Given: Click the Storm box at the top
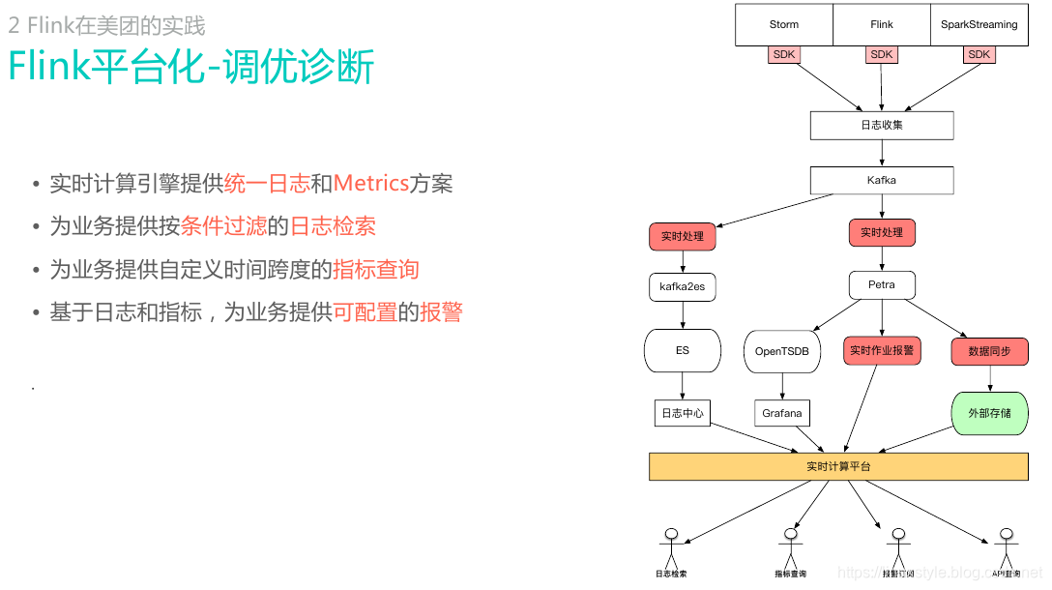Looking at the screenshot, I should click(784, 24).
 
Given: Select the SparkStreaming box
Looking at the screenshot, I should click(979, 24).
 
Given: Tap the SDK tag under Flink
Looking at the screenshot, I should click(882, 55).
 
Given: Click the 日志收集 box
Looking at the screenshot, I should click(882, 125).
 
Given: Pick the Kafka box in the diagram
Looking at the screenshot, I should click(882, 180).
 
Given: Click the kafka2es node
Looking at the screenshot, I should click(683, 286).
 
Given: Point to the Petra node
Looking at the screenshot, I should click(882, 284).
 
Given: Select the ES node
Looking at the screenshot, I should click(683, 350).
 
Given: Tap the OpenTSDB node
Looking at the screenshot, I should click(782, 352).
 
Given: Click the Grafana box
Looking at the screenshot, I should click(782, 413).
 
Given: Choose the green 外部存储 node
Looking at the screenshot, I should click(990, 413).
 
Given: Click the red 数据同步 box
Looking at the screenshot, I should click(990, 351).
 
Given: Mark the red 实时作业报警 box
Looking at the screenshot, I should click(882, 350).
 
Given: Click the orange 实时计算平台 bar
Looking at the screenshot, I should click(838, 466).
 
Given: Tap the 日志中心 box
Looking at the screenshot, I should click(683, 413).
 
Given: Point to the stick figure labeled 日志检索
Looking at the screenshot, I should click(671, 547).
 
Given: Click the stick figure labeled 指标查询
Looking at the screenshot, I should click(790, 547).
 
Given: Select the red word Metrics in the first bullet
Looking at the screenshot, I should click(371, 184).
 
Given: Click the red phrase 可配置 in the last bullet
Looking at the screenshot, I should click(365, 312).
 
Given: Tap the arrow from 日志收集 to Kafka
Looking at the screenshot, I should click(882, 153).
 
